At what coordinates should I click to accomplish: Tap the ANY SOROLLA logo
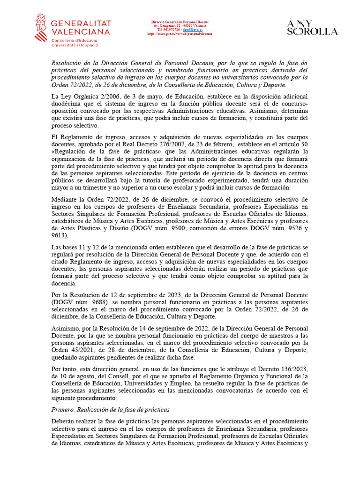click(x=312, y=28)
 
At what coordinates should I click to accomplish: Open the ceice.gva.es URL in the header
click(x=180, y=34)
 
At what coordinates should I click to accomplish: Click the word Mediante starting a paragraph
click(x=65, y=200)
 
